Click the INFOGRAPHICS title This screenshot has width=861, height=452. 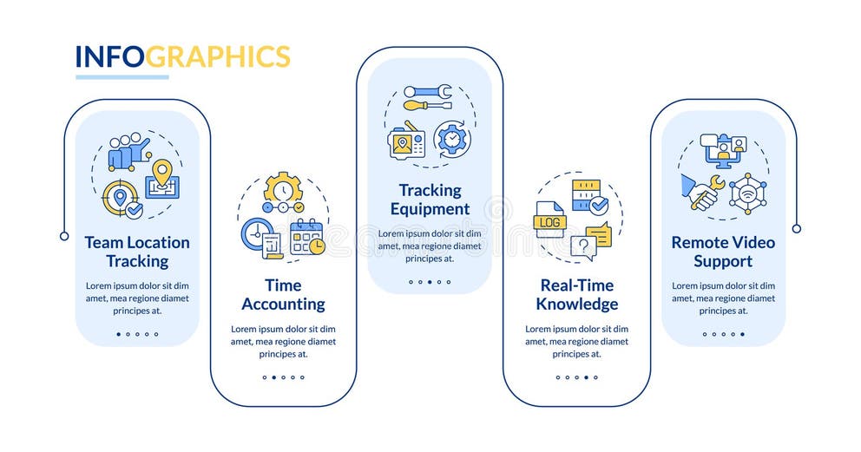pyautogui.click(x=182, y=56)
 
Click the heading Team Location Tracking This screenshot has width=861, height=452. pyautogui.click(x=137, y=252)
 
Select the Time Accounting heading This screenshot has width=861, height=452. pyautogui.click(x=283, y=295)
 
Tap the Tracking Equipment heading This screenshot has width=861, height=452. pyautogui.click(x=430, y=200)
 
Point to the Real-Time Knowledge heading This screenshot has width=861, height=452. pyautogui.click(x=576, y=295)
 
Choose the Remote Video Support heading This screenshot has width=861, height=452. pyautogui.click(x=723, y=252)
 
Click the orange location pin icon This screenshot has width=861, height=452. pyautogui.click(x=161, y=171)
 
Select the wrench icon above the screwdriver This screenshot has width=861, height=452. pyautogui.click(x=428, y=90)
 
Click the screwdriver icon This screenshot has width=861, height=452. pyautogui.click(x=428, y=106)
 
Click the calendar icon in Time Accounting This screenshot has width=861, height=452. pyautogui.click(x=306, y=237)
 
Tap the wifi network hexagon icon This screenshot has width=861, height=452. pyautogui.click(x=747, y=193)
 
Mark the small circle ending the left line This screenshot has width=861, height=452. pyautogui.click(x=64, y=236)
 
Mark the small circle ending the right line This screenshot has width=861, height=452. pyautogui.click(x=797, y=228)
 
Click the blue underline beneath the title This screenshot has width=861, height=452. pyautogui.click(x=122, y=77)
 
